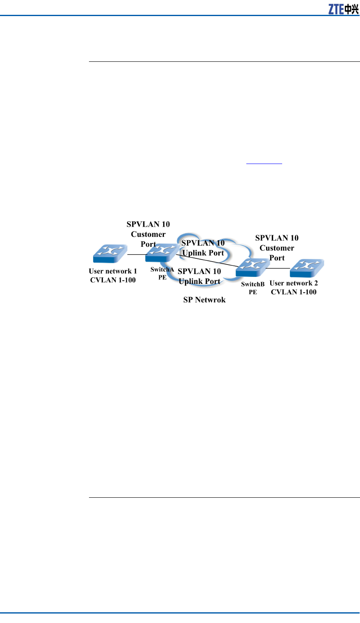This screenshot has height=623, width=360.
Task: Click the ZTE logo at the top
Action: (343, 9)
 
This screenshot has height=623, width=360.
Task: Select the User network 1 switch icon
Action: (110, 254)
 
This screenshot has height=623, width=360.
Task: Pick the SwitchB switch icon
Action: (252, 268)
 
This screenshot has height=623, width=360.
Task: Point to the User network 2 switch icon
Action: (306, 268)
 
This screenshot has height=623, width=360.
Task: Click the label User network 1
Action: (113, 271)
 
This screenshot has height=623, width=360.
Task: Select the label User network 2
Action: (294, 283)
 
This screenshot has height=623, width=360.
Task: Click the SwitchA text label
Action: (162, 269)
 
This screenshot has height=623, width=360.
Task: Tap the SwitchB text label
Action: (253, 284)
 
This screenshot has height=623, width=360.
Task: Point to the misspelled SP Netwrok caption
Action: (204, 300)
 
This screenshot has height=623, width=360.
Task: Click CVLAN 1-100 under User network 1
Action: (113, 280)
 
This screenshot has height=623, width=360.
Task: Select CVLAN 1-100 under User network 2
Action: (294, 292)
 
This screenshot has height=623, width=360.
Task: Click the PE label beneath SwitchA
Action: (162, 277)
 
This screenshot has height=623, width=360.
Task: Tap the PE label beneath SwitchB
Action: (253, 292)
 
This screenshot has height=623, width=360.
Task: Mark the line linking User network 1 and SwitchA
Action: (136, 255)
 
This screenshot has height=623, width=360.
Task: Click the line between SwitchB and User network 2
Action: (278, 268)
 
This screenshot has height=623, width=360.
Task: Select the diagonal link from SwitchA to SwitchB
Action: (206, 261)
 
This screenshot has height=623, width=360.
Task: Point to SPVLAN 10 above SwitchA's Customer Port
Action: (148, 224)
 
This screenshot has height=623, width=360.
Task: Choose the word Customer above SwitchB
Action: (277, 248)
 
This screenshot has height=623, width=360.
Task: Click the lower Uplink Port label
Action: (200, 281)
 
